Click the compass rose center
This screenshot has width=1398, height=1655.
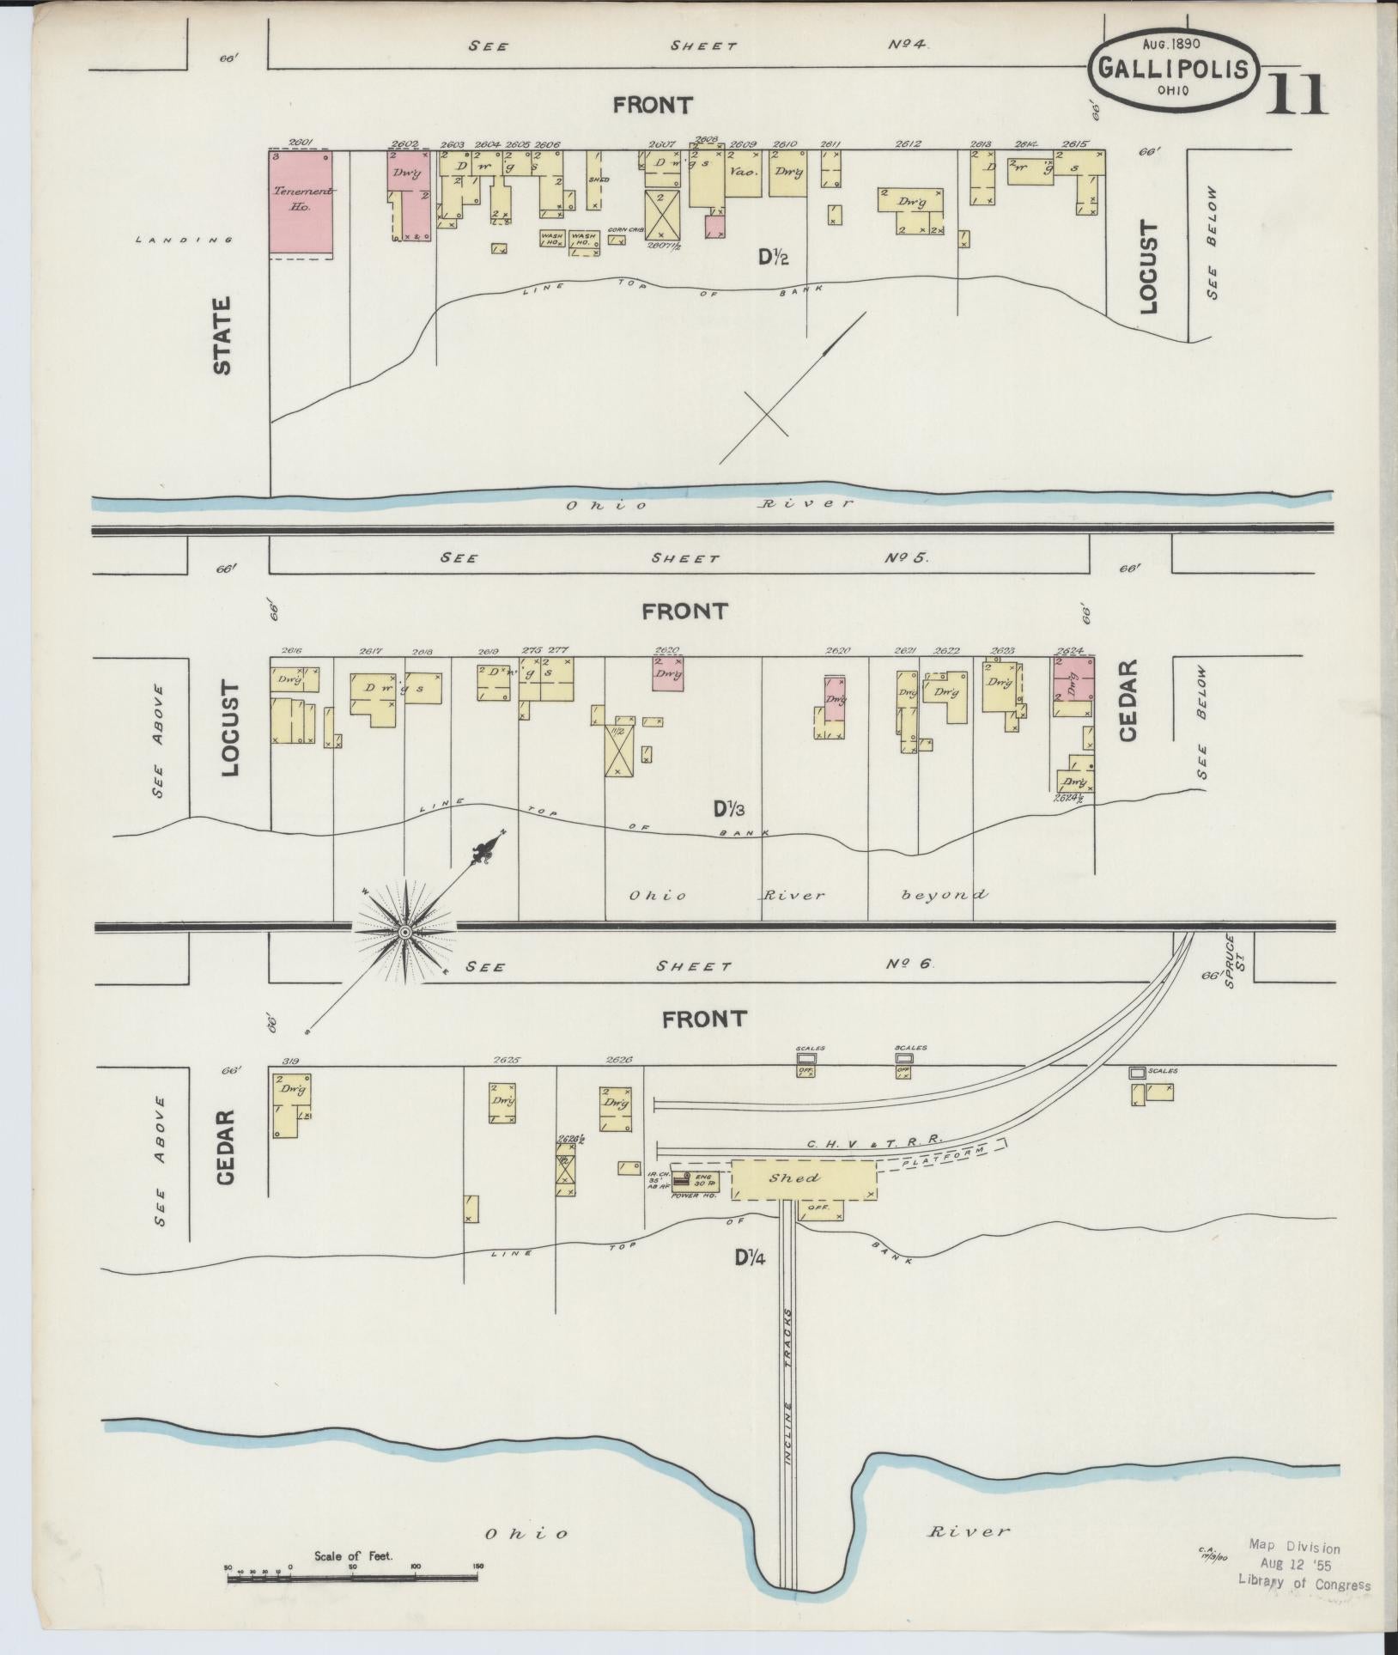tap(404, 931)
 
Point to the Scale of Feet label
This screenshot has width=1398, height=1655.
tap(353, 1555)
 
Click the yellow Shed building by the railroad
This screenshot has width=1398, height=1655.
tap(803, 1179)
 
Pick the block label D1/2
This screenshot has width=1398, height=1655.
tap(773, 256)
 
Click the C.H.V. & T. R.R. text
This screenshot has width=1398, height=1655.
tap(874, 1141)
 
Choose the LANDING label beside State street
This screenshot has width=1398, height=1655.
tap(184, 240)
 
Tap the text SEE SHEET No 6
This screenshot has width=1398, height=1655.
tap(698, 965)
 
